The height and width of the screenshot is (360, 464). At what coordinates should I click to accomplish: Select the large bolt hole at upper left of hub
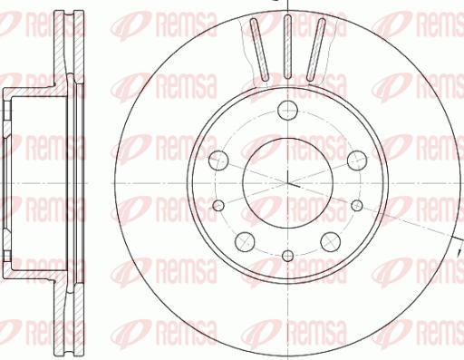pyautogui.click(x=217, y=161)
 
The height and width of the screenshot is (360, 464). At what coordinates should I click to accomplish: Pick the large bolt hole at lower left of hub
pyautogui.click(x=244, y=241)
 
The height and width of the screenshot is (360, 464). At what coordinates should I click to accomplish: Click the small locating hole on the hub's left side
pyautogui.click(x=218, y=204)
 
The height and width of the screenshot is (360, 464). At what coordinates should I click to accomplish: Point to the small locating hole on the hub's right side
pyautogui.click(x=354, y=204)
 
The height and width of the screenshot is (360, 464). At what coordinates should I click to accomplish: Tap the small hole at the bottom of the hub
pyautogui.click(x=286, y=255)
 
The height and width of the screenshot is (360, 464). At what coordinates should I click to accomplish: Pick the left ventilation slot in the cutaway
pyautogui.click(x=258, y=51)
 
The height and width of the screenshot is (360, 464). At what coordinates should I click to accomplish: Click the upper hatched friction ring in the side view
pyautogui.click(x=63, y=45)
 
